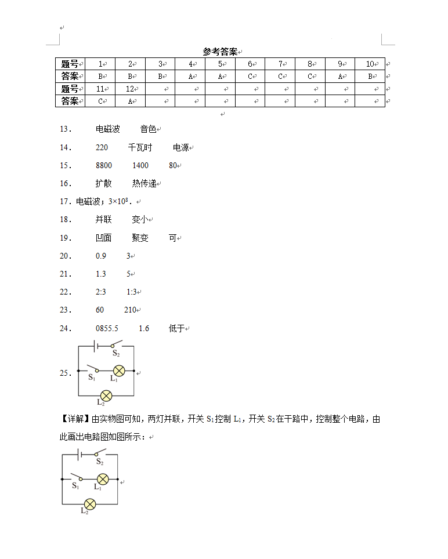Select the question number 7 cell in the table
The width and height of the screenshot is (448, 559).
click(x=280, y=64)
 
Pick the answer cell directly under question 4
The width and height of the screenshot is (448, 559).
click(x=190, y=76)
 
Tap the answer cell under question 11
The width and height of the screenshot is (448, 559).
click(x=100, y=101)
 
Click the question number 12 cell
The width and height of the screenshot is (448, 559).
click(x=130, y=89)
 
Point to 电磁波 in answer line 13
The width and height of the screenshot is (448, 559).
click(x=108, y=129)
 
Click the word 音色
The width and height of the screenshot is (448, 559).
click(x=148, y=129)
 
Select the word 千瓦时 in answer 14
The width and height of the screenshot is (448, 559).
click(x=140, y=148)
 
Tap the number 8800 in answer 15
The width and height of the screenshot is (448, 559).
click(x=104, y=166)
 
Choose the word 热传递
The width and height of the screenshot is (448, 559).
click(x=144, y=184)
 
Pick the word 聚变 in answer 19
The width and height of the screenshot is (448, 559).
click(x=140, y=238)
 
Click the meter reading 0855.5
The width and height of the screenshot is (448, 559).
click(x=107, y=329)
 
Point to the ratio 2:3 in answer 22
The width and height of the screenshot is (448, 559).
click(x=101, y=292)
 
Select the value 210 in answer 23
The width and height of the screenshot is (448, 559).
click(x=130, y=310)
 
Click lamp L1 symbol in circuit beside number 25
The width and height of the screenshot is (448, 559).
click(x=119, y=371)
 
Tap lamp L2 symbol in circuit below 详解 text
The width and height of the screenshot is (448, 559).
click(x=90, y=503)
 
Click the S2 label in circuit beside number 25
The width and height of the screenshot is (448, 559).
click(x=116, y=353)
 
